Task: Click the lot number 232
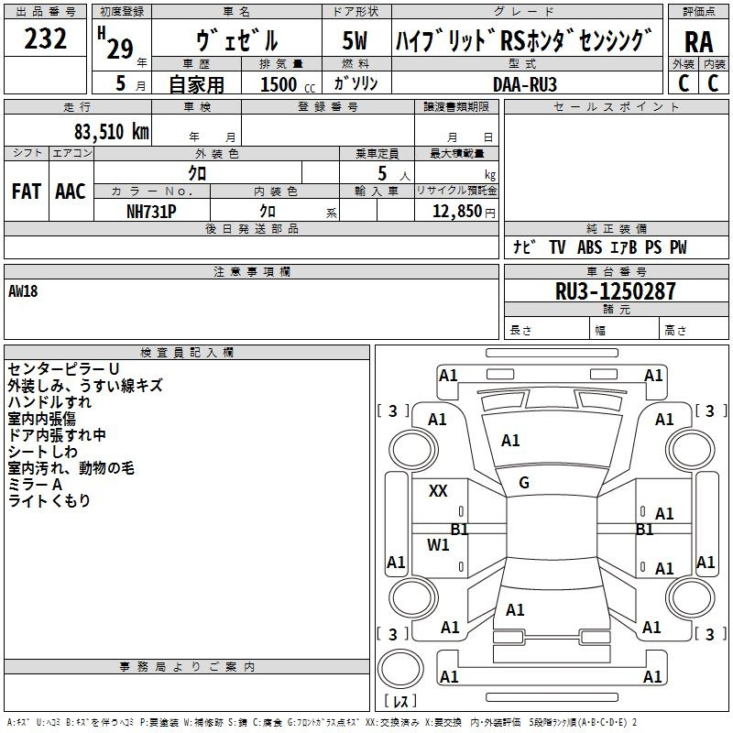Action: pos(45,38)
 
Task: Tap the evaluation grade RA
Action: pos(698,42)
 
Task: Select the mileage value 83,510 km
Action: pos(111,132)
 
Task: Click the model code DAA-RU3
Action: pos(524,84)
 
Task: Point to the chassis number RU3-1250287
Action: pos(615,291)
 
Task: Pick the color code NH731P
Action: pos(151,212)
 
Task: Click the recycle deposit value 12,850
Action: pos(456,212)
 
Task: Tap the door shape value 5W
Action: pos(355,40)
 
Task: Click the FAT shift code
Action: pos(27,191)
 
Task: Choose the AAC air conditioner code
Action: pos(71,191)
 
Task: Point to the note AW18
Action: pos(23,291)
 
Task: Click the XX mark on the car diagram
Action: pos(438,491)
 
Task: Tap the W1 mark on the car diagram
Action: pos(438,544)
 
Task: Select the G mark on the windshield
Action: pos(524,483)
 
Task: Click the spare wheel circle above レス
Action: pos(400,669)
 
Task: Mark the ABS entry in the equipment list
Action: pos(589,247)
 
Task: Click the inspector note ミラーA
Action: pos(35,485)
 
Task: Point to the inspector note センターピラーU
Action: pos(63,369)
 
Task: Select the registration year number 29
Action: pos(120,49)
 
